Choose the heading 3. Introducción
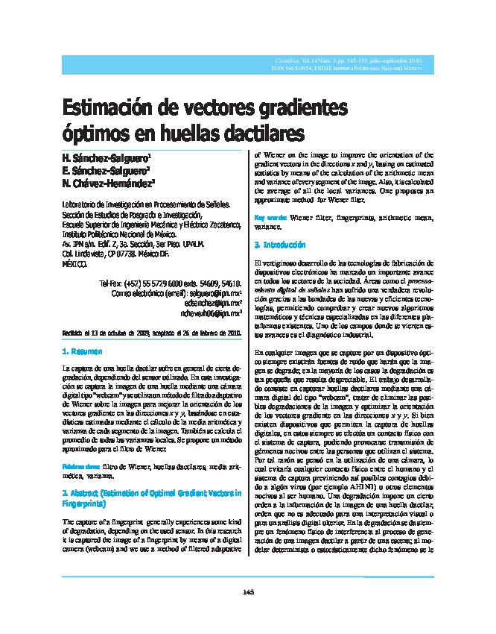[279, 245]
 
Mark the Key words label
[266, 217]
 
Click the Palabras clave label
[80, 466]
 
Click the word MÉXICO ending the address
[74, 264]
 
